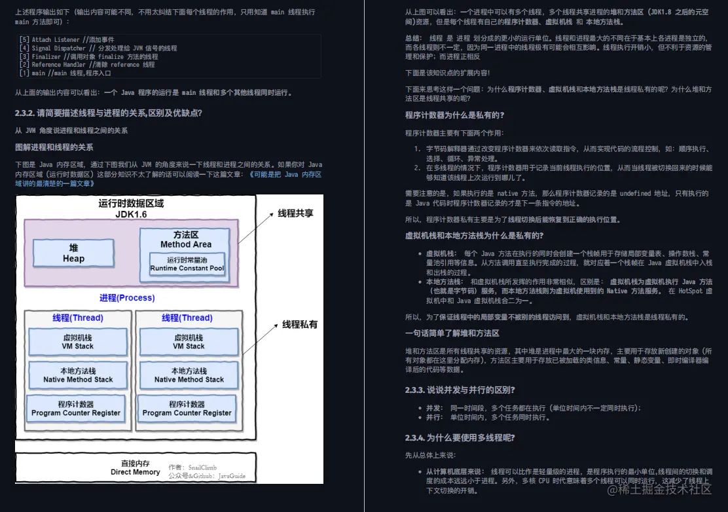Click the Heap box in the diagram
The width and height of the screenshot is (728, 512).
pos(73,253)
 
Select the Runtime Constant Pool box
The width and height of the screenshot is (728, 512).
pos(187,265)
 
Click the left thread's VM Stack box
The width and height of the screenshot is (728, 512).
pos(78,342)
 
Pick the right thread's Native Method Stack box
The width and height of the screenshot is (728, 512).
pos(189,375)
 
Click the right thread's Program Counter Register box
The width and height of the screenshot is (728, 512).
pos(187,409)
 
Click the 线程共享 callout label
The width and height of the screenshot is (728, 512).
pos(295,213)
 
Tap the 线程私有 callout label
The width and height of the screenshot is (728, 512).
pos(300,324)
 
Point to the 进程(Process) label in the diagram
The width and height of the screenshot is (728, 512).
pos(127,298)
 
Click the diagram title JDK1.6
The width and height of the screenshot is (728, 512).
pos(131,213)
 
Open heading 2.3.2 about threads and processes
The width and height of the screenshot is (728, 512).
pos(109,113)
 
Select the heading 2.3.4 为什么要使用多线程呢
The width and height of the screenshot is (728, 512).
pos(460,437)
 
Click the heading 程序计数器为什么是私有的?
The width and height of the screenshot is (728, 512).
pos(454,115)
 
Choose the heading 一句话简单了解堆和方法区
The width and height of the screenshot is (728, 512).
pos(452,333)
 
